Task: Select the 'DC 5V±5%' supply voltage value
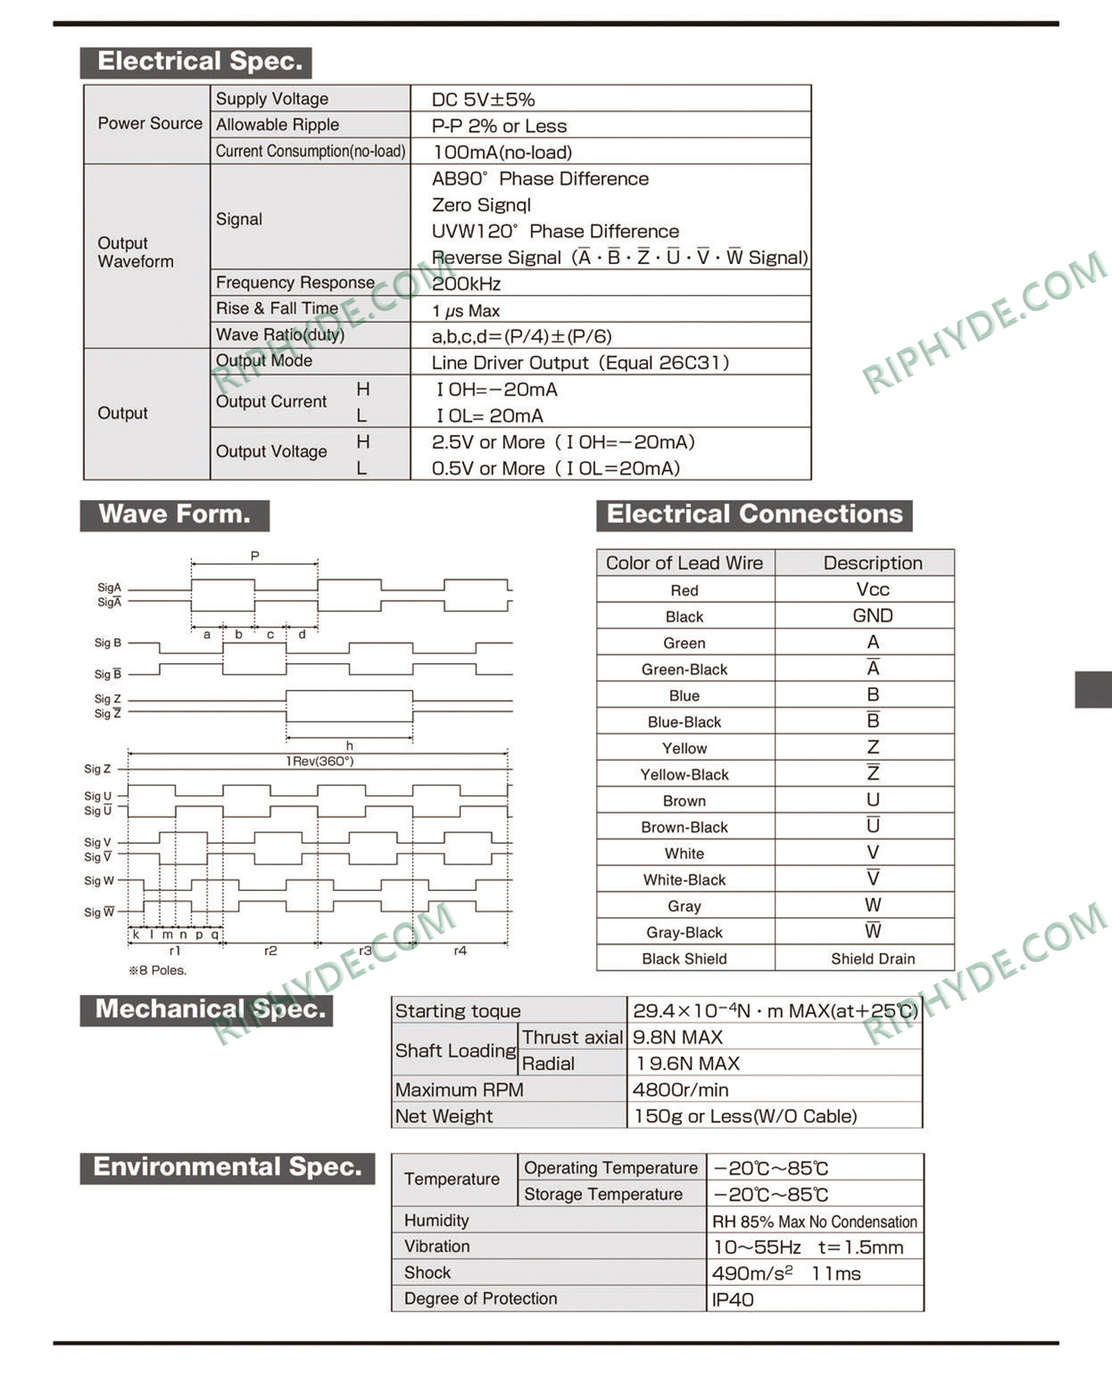pos(483,100)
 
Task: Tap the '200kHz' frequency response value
pos(467,284)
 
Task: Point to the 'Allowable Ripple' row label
pos(277,125)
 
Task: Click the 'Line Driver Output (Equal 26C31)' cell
pos(579,363)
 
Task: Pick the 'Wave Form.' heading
pos(175,515)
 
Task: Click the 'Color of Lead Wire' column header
pos(685,563)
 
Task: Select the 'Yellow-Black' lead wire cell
pos(685,774)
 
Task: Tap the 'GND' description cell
pos(872,616)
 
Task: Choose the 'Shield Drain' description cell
pos(872,958)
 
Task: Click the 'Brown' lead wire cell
pos(685,800)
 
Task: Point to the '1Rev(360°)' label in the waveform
pos(319,761)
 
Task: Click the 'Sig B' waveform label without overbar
pos(108,643)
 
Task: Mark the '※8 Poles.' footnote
pos(158,971)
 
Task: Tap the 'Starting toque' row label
pos(458,1011)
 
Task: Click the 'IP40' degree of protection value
pos(732,1300)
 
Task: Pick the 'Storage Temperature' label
pos(603,1195)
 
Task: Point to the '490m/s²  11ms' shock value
pos(786,1274)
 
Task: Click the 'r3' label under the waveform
pos(365,952)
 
